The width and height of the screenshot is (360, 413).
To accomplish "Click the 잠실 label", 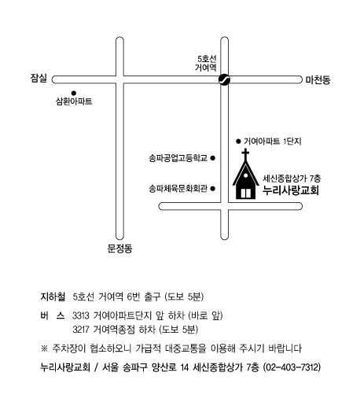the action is (x=39, y=78).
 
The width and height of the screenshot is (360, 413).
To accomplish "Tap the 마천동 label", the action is (x=318, y=79).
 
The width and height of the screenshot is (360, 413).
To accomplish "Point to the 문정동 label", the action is (x=119, y=249).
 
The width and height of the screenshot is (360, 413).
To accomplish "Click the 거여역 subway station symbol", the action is (x=225, y=79).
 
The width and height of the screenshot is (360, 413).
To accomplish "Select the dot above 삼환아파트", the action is (x=74, y=93).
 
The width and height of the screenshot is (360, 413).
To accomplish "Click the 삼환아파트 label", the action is (x=74, y=101).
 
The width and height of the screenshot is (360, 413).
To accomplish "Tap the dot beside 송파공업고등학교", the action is (x=213, y=158).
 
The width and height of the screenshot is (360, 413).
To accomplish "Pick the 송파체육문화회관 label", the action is (x=178, y=189).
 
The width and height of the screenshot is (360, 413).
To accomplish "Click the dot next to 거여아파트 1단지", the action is (x=238, y=142).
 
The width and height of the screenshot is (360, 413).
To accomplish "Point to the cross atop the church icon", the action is (x=245, y=154).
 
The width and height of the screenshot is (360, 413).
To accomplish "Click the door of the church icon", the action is (x=246, y=194).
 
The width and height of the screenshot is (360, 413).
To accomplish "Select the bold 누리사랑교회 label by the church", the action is (x=291, y=190).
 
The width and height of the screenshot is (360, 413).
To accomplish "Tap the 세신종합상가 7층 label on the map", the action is (x=292, y=179).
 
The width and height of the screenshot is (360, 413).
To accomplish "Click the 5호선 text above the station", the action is (x=207, y=59).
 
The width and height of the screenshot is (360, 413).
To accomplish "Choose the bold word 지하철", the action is (x=53, y=297).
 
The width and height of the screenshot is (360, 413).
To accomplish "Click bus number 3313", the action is (x=81, y=315).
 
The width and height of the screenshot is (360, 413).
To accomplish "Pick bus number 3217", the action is (x=81, y=330).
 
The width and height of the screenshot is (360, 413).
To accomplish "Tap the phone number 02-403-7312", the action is (x=292, y=367).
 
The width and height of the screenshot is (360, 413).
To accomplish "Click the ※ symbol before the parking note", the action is (x=44, y=348).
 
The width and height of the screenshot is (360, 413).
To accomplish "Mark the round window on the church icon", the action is (x=246, y=175).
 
